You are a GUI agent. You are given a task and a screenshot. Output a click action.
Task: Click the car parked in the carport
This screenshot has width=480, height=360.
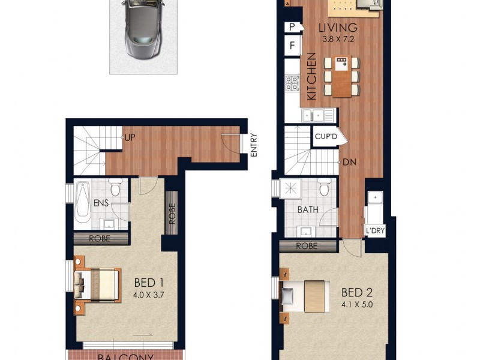(143, 29)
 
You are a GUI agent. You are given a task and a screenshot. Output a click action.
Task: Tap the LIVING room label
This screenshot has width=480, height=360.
(338, 28)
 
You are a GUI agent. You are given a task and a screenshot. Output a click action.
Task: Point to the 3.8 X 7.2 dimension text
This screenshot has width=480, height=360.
(338, 40)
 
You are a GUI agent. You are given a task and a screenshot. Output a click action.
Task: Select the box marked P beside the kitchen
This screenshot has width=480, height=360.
(293, 27)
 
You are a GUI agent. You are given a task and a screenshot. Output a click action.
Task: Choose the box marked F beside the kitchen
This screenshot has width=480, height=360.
(293, 46)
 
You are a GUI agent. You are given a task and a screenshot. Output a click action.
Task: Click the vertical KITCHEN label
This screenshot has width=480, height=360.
(311, 76)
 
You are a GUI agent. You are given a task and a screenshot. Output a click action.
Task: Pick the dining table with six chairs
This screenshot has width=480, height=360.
(341, 76)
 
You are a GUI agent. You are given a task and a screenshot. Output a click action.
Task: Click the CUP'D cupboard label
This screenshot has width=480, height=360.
(326, 137)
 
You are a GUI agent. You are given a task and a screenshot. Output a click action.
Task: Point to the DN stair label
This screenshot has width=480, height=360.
(350, 162)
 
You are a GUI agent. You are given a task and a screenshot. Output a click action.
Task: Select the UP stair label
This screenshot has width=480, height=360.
(129, 137)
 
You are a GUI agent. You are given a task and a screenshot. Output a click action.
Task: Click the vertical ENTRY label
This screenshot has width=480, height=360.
(253, 145)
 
